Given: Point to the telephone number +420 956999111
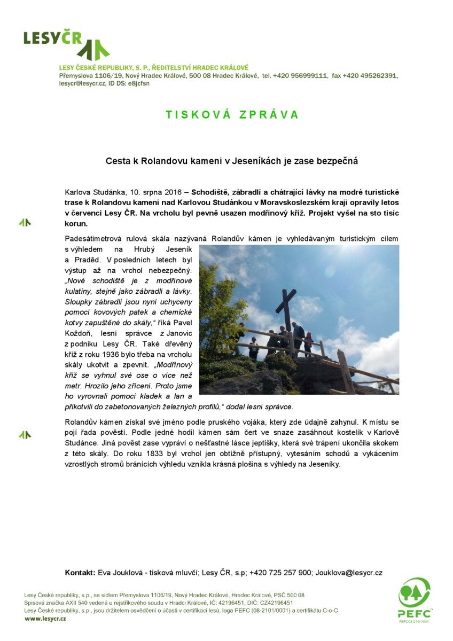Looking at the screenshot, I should [300, 76].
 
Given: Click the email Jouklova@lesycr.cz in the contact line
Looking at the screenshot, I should [349, 573].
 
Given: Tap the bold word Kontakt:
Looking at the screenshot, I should [80, 573].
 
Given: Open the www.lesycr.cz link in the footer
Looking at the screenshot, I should [45, 618].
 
